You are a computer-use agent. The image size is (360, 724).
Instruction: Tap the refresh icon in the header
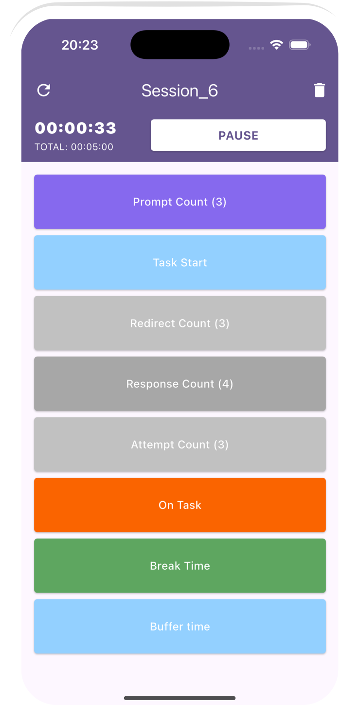[44, 90]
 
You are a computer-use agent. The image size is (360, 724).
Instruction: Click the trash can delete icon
[319, 90]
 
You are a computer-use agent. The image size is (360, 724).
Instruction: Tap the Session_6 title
[180, 90]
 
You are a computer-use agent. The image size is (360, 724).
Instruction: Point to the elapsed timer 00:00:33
[75, 128]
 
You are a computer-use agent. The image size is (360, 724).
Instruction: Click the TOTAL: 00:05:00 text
[74, 147]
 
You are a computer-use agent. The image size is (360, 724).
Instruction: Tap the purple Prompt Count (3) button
[180, 202]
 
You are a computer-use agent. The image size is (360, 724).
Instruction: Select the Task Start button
[180, 262]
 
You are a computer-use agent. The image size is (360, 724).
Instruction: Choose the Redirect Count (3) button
[180, 323]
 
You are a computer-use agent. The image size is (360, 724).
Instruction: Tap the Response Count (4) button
[180, 384]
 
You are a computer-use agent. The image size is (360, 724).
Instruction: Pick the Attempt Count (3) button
[180, 444]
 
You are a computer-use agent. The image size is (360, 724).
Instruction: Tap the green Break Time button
[180, 565]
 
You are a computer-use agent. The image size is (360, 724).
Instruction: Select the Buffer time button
[180, 626]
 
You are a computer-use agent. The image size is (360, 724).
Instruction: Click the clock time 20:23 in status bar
[80, 45]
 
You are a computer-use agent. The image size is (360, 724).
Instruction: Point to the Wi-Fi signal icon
[276, 45]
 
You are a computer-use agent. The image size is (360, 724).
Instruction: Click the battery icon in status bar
[300, 45]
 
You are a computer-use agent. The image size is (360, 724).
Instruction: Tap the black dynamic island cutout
[180, 45]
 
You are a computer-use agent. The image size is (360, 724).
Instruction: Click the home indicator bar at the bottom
[180, 698]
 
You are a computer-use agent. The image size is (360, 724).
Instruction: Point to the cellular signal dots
[256, 48]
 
